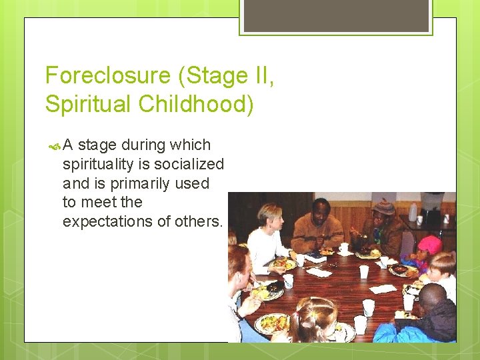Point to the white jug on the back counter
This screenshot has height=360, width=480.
click(413, 211)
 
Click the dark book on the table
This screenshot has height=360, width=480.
click(275, 286)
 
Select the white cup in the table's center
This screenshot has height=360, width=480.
click(364, 272)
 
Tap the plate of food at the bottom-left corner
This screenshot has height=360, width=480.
click(273, 323)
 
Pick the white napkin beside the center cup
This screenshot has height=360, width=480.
click(383, 289)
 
